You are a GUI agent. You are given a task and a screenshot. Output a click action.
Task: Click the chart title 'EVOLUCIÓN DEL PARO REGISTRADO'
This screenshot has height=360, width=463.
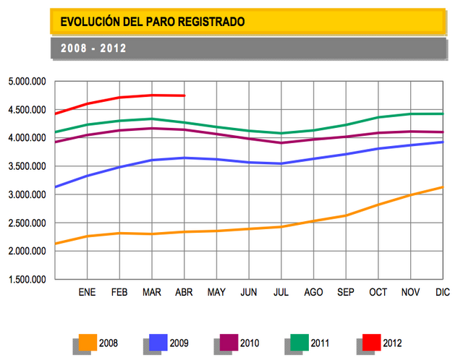152,22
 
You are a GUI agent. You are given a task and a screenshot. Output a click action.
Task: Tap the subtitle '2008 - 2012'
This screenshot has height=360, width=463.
94,49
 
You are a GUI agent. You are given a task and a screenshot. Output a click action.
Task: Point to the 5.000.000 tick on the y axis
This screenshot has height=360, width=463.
27,82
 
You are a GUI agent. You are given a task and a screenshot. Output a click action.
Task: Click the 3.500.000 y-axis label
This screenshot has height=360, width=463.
27,166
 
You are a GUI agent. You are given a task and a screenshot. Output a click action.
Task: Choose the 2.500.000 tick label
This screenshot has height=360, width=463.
27,223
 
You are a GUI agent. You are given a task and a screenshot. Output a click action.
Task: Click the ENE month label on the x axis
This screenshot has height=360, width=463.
88,293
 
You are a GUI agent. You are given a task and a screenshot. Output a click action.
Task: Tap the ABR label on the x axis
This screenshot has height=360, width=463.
184,293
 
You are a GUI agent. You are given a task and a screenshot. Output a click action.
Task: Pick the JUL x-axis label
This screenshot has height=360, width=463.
281,293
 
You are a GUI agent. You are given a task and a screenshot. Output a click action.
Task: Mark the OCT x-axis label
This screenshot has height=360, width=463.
378,293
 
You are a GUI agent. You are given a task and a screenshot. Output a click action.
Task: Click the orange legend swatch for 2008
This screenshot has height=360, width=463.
88,342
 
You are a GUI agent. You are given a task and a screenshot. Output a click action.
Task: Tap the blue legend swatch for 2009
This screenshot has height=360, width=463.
158,342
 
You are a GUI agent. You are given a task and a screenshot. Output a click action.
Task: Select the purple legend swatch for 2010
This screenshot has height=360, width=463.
229,342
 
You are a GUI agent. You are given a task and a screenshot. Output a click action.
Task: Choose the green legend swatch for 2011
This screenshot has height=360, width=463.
300,342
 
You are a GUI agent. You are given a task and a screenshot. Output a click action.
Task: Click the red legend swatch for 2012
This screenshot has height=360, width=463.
371,342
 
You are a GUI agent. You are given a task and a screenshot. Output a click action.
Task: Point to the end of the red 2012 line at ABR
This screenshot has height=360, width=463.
184,95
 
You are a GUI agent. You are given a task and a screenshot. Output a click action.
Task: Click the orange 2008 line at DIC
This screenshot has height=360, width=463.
441,187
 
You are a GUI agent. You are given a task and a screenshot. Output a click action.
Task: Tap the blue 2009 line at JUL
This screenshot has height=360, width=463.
281,163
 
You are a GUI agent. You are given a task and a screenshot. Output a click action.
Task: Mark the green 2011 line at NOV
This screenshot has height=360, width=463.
409,113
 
